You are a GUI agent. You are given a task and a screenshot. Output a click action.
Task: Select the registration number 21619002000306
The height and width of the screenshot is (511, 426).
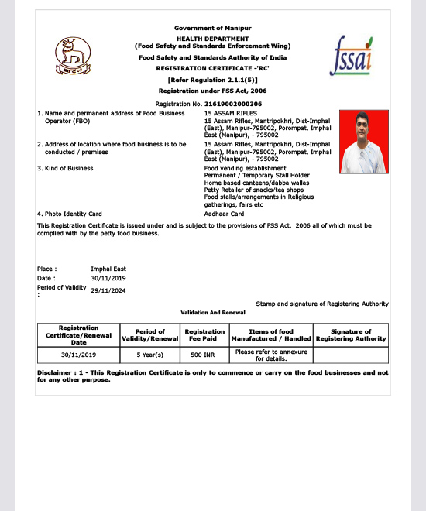tap(233, 104)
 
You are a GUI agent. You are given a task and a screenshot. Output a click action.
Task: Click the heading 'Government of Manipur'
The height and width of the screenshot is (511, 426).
tap(212, 28)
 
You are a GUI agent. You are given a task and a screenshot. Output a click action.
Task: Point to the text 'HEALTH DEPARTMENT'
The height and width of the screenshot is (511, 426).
tap(212, 38)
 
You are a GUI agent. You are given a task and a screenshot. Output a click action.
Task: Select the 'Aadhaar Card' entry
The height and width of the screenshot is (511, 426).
tap(225, 214)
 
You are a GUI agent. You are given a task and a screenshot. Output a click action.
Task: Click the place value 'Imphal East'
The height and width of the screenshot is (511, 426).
tap(108, 269)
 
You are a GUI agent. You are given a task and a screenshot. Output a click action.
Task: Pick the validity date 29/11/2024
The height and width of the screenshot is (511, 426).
tap(108, 290)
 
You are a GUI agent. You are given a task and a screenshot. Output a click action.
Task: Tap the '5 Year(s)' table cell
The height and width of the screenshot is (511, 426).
tap(149, 355)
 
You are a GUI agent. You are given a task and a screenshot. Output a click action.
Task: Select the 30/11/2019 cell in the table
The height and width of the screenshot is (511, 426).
tap(79, 355)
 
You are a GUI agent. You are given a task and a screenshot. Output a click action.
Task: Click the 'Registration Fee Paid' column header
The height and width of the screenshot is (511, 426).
tap(204, 334)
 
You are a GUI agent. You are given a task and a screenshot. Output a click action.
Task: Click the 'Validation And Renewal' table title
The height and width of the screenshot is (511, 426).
tap(213, 312)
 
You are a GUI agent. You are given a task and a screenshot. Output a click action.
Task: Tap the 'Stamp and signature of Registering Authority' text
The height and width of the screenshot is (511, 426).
tap(322, 304)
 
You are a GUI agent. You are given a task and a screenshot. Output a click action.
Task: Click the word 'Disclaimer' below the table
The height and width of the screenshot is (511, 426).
tap(54, 372)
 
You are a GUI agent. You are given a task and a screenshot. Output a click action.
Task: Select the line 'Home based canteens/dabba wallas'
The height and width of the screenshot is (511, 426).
tap(246, 182)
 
